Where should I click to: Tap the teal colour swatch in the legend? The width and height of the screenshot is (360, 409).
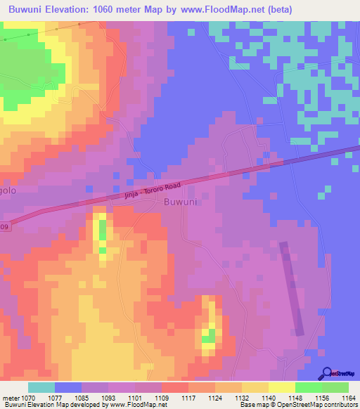coord(41,387)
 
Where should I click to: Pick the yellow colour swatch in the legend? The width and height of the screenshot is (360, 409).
coord(281,387)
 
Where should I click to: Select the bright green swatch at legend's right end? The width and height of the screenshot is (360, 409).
coord(335,387)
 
